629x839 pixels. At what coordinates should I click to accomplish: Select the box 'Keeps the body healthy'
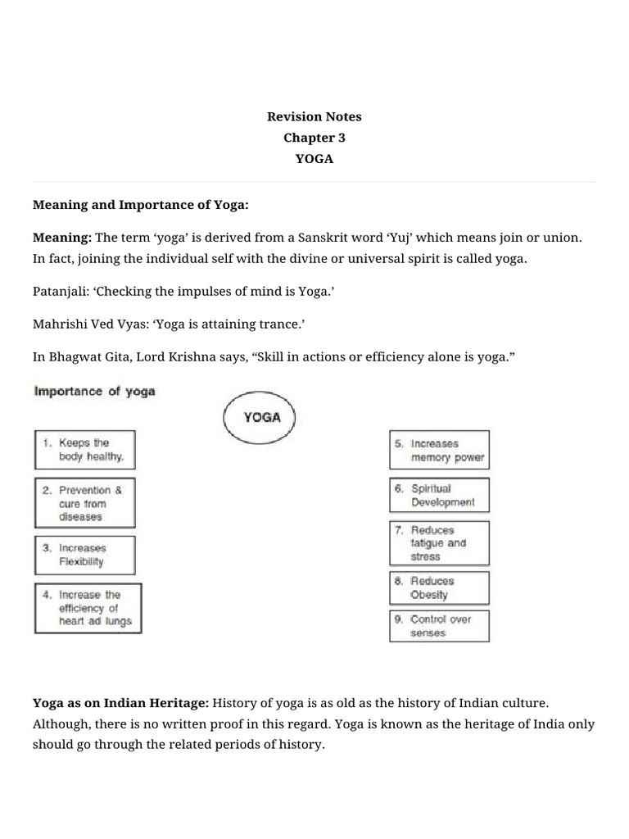84,450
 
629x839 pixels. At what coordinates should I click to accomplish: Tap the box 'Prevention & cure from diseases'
84,503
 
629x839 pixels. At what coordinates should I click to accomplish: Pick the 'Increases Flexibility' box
84,556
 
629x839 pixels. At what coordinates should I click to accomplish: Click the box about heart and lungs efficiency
88,608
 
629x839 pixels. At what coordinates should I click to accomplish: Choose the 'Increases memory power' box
439,451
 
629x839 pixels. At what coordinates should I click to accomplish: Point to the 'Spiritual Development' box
439,495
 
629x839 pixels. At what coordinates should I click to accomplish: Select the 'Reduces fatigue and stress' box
439,542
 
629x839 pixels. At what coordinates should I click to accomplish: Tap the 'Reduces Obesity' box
439,587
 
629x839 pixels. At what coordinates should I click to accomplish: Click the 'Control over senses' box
439,626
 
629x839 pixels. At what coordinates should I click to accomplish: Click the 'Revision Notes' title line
314,116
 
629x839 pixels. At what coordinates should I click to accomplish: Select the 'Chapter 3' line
314,138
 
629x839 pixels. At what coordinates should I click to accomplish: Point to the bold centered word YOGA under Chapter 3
314,159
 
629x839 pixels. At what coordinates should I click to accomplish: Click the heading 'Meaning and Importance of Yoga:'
140,204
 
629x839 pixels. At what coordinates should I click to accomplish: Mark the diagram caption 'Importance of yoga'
94,392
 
